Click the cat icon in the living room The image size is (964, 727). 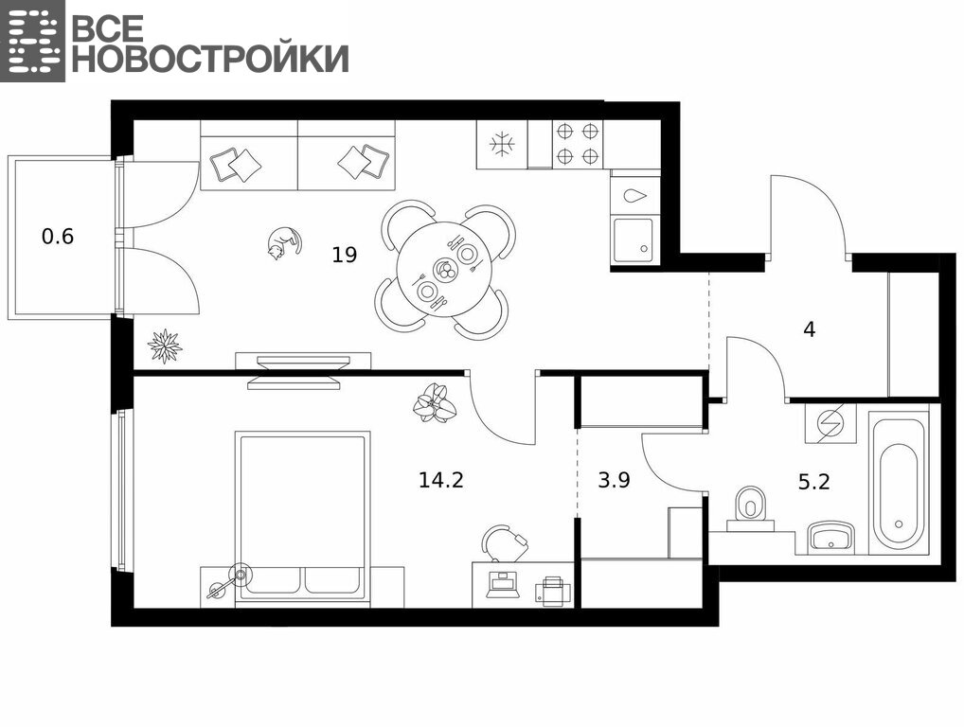pyautogui.click(x=284, y=243)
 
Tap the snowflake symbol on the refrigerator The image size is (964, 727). pyautogui.click(x=502, y=145)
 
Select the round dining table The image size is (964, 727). pyautogui.click(x=444, y=270)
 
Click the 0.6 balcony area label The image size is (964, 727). pyautogui.click(x=58, y=236)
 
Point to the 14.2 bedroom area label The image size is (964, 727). pyautogui.click(x=441, y=479)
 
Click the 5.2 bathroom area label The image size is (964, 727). pyautogui.click(x=814, y=482)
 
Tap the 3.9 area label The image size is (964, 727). pyautogui.click(x=614, y=480)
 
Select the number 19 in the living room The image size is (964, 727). pyautogui.click(x=345, y=255)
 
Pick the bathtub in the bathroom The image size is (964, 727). pyautogui.click(x=900, y=485)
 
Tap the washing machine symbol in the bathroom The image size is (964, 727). pyautogui.click(x=830, y=423)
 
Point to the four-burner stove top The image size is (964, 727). pyautogui.click(x=578, y=145)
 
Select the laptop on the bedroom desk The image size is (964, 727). pyautogui.click(x=503, y=585)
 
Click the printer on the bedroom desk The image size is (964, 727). pyautogui.click(x=553, y=592)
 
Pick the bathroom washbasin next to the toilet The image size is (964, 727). pyautogui.click(x=830, y=537)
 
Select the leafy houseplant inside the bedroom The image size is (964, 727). pyautogui.click(x=436, y=402)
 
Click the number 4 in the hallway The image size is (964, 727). pyautogui.click(x=809, y=330)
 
